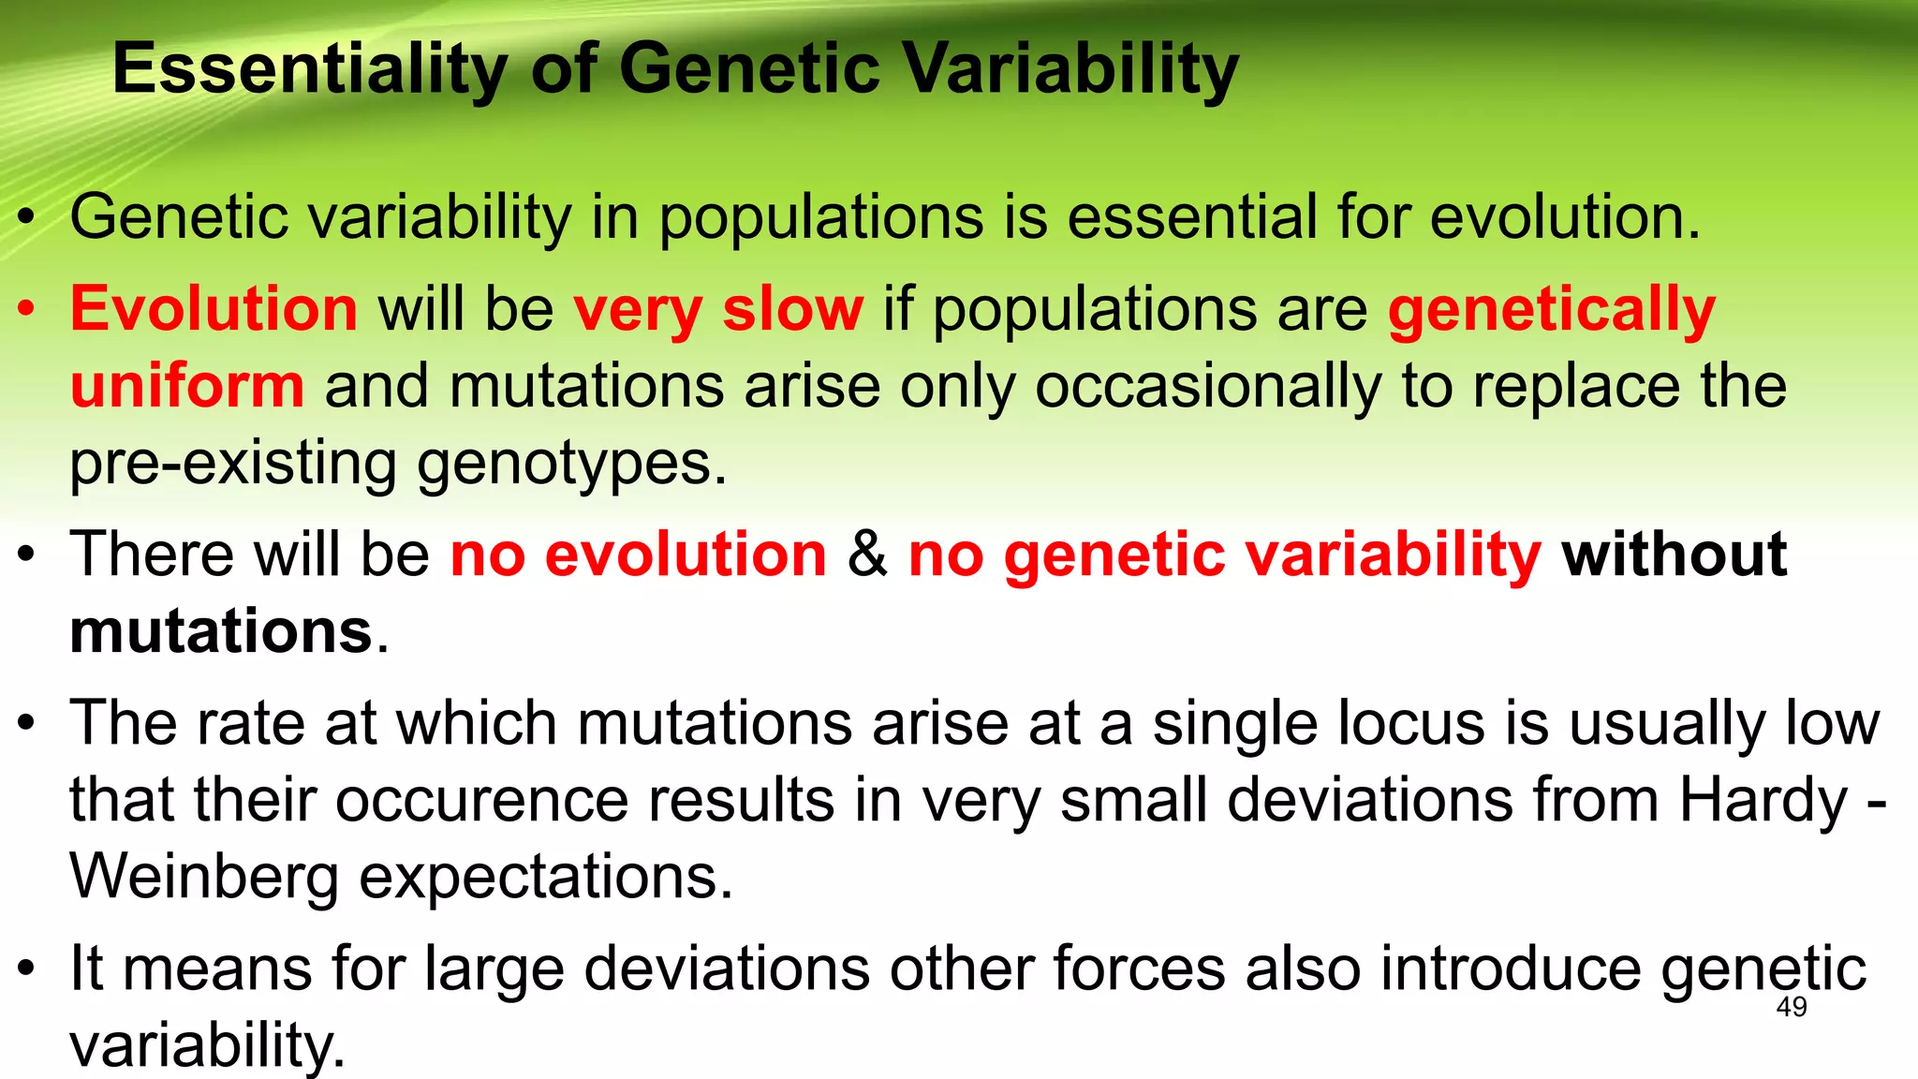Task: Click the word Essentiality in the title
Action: coord(310,70)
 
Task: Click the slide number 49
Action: coord(1791,1008)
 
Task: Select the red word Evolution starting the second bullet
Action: coord(214,309)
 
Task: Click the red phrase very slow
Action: coord(717,309)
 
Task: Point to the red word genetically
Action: coord(1551,311)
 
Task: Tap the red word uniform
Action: coord(187,386)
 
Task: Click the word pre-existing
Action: coord(232,464)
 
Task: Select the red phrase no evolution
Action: coord(639,554)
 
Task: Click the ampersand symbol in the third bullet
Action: coord(867,554)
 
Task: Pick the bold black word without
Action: coord(1674,554)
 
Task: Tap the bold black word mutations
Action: coord(222,631)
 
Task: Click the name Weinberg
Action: coord(204,878)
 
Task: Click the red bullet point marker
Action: coord(27,309)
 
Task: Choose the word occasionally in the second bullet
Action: coord(1207,387)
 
